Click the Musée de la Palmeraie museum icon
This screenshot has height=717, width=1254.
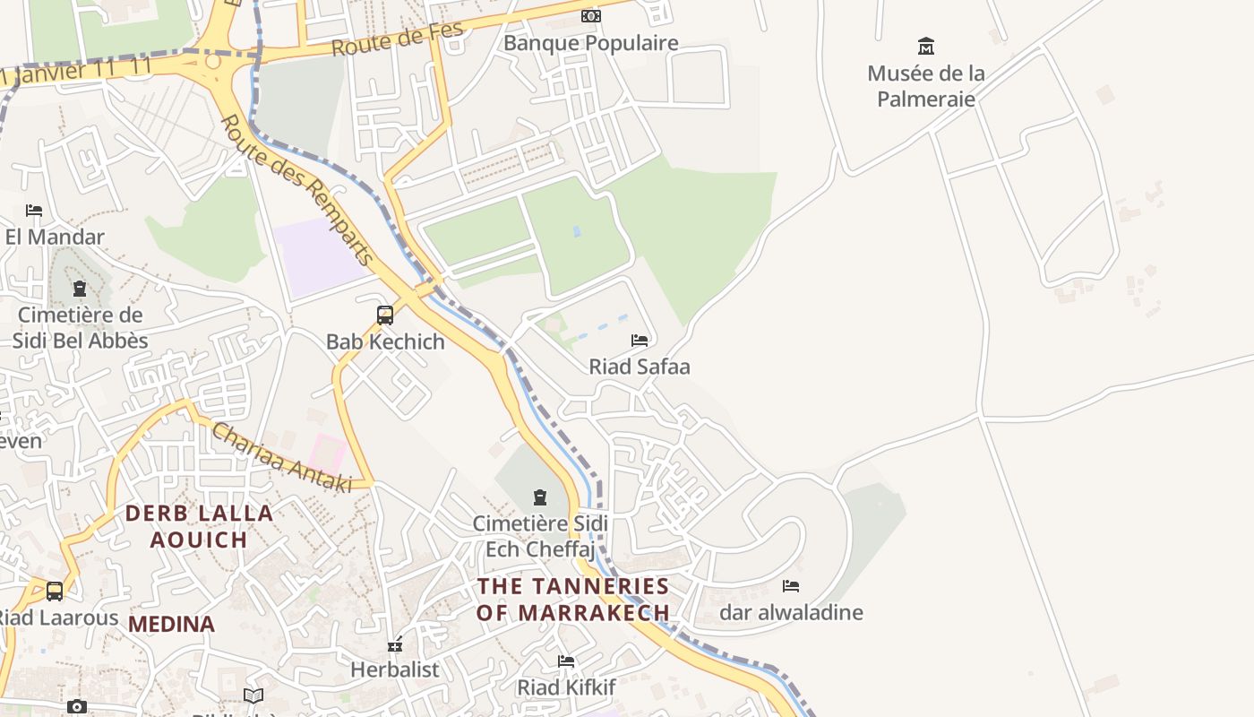[926, 46]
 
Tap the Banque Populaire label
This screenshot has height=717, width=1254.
[590, 43]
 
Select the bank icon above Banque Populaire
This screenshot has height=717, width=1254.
[590, 16]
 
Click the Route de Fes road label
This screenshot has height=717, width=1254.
[397, 39]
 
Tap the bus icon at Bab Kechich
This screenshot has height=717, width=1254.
[385, 315]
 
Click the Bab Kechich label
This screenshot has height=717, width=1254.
[385, 341]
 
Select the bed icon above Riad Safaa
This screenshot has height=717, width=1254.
[640, 341]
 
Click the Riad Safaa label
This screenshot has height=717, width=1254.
[640, 367]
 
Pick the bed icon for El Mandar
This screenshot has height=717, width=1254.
[34, 211]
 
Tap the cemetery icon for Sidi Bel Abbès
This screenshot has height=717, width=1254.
[80, 289]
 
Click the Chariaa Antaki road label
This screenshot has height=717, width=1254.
[281, 457]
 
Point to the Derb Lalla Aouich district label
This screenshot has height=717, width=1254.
[199, 526]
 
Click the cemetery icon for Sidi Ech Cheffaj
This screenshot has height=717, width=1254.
[540, 497]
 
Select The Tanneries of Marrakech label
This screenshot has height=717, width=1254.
[573, 600]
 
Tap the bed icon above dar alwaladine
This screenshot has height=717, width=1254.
[791, 586]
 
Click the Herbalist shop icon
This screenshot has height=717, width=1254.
[394, 644]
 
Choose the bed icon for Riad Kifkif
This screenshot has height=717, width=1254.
[566, 661]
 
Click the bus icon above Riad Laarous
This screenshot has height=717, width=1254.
[55, 592]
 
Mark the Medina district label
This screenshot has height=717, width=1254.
[171, 624]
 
